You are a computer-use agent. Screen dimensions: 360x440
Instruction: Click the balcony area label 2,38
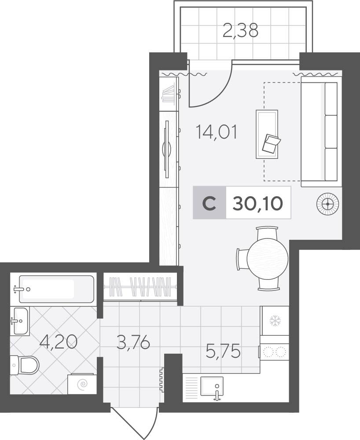pyautogui.click(x=240, y=31)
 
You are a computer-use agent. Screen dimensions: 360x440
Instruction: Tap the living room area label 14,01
pyautogui.click(x=217, y=132)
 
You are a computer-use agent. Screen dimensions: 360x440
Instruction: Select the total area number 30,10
pyautogui.click(x=257, y=203)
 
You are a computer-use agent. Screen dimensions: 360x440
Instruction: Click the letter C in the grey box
pyautogui.click(x=209, y=203)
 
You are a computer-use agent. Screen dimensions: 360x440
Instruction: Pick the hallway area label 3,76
pyautogui.click(x=133, y=343)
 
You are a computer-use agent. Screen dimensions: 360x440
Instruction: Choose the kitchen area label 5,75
pyautogui.click(x=223, y=351)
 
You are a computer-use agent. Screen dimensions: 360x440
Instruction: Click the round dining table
pyautogui.click(x=268, y=259)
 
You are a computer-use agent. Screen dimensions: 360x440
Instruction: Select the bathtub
pyautogui.click(x=56, y=289)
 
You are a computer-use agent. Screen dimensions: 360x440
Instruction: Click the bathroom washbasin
pyautogui.click(x=21, y=321)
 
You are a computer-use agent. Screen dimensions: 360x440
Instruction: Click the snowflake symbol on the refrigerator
pyautogui.click(x=275, y=321)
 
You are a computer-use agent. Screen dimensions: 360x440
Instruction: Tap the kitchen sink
pyautogui.click(x=212, y=386)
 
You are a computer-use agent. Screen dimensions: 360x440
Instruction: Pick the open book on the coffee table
pyautogui.click(x=271, y=143)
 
